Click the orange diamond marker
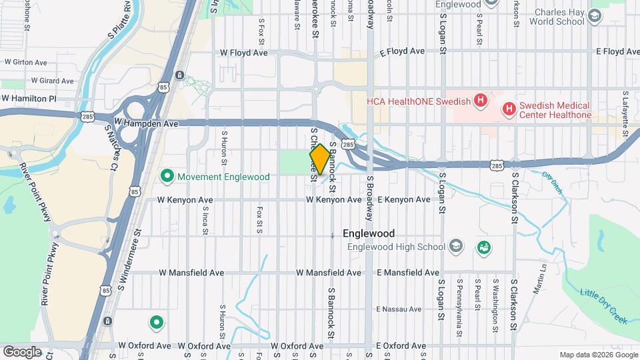(x=320, y=159)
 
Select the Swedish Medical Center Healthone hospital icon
(x=509, y=108)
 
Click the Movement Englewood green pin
(x=167, y=177)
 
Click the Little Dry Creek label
(x=604, y=307)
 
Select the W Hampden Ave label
(x=146, y=123)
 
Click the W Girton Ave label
(x=25, y=62)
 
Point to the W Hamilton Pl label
(x=29, y=98)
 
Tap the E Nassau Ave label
(x=399, y=309)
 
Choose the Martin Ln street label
(x=540, y=279)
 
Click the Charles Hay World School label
(x=557, y=16)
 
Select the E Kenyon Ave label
(x=404, y=199)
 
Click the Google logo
(x=22, y=351)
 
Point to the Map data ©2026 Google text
(x=597, y=355)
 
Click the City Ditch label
(x=552, y=182)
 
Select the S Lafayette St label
(x=625, y=114)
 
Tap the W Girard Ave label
(x=46, y=81)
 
